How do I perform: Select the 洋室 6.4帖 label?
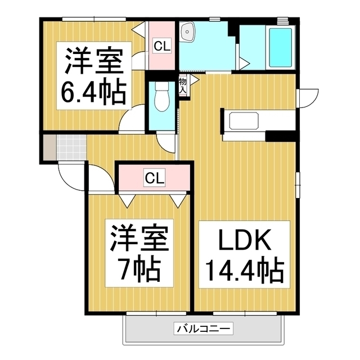(93, 75)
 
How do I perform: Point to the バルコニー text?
(204, 328)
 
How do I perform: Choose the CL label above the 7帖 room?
(155, 178)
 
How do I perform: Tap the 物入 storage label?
(183, 85)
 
